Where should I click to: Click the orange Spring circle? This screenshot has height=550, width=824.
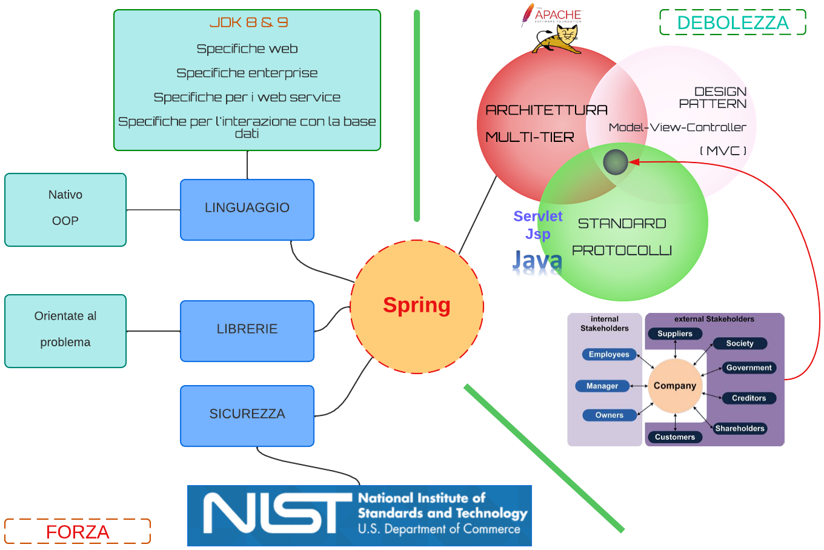pyautogui.click(x=417, y=306)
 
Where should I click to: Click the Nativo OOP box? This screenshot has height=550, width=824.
pyautogui.click(x=65, y=209)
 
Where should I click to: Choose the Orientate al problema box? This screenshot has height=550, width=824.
pyautogui.click(x=65, y=330)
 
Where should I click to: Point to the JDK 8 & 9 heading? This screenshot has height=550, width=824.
pyautogui.click(x=248, y=22)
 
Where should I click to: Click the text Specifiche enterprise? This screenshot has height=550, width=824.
pyautogui.click(x=247, y=73)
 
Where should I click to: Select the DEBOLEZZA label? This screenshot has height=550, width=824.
pyautogui.click(x=733, y=22)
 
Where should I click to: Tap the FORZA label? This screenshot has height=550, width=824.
pyautogui.click(x=78, y=532)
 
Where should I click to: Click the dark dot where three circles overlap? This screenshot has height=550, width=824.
pyautogui.click(x=616, y=162)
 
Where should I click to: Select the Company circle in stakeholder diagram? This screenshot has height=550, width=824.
pyautogui.click(x=675, y=386)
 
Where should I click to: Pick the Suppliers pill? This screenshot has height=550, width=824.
pyautogui.click(x=675, y=334)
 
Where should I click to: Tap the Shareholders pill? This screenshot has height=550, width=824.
pyautogui.click(x=740, y=428)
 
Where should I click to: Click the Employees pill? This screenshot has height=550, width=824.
pyautogui.click(x=609, y=354)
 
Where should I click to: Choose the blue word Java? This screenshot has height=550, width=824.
pyautogui.click(x=537, y=261)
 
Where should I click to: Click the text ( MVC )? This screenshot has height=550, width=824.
pyautogui.click(x=723, y=150)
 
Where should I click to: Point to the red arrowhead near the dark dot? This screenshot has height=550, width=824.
pyautogui.click(x=634, y=161)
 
